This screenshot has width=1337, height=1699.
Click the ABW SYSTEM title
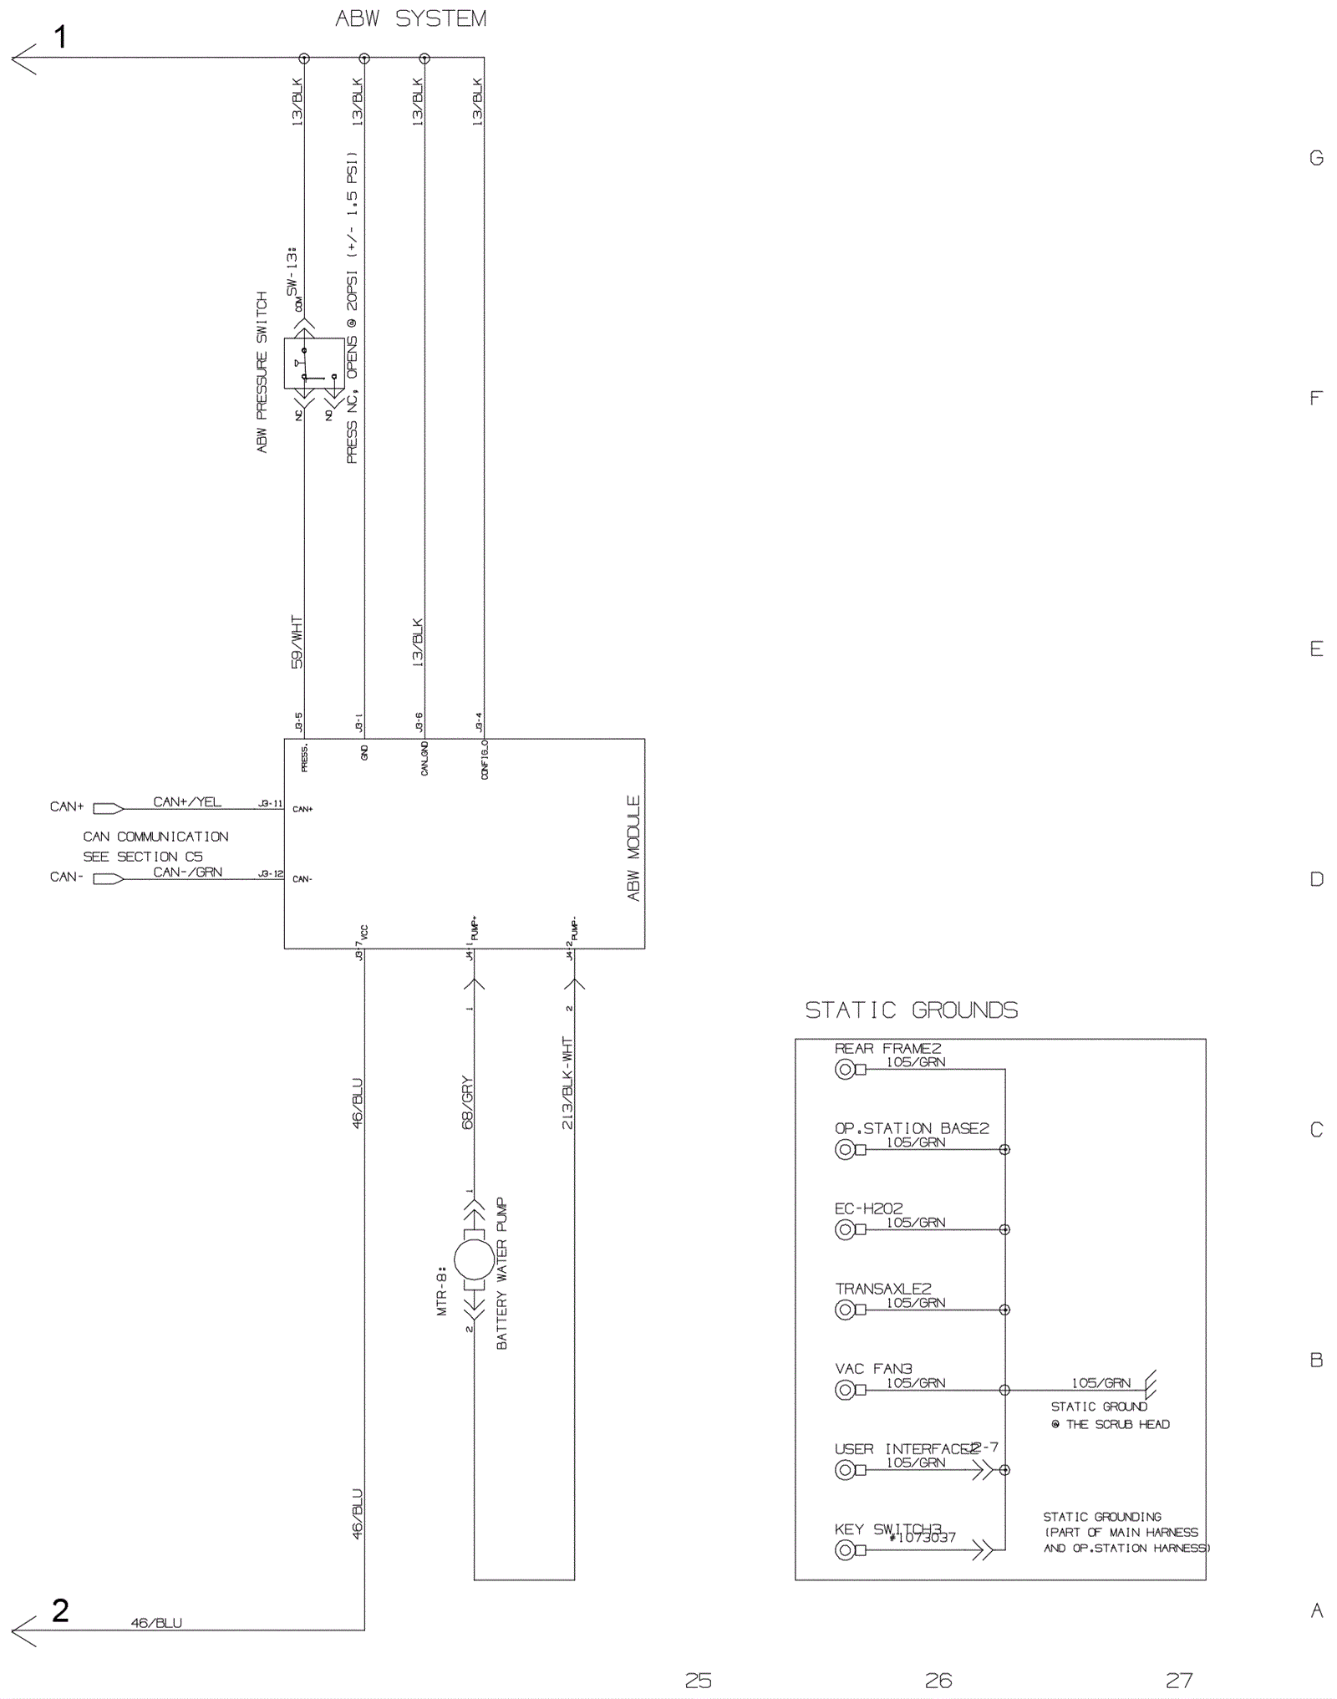pyautogui.click(x=410, y=18)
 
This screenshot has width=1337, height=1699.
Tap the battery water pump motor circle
pyautogui.click(x=474, y=1259)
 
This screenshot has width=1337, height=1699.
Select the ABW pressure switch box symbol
pyautogui.click(x=313, y=364)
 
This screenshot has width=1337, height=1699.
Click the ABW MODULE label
pyautogui.click(x=633, y=847)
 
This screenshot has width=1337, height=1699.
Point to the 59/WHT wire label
pyautogui.click(x=297, y=642)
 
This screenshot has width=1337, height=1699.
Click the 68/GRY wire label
pyautogui.click(x=467, y=1102)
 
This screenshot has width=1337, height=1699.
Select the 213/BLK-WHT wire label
pyautogui.click(x=567, y=1083)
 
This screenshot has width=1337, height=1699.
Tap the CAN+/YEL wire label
pyautogui.click(x=187, y=801)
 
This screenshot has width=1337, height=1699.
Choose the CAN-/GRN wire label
pyautogui.click(x=187, y=872)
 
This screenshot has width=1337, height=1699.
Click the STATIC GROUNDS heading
pyautogui.click(x=911, y=1010)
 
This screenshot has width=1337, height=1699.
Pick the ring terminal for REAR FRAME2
pyautogui.click(x=845, y=1069)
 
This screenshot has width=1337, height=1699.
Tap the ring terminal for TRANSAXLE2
pyautogui.click(x=845, y=1310)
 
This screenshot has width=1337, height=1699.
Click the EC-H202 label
pyautogui.click(x=868, y=1208)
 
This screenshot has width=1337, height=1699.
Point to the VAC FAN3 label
pyautogui.click(x=873, y=1369)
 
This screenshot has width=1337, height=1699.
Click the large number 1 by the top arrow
pyautogui.click(x=60, y=37)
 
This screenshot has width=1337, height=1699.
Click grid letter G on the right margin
pyautogui.click(x=1316, y=158)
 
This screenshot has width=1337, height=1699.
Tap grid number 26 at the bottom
pyautogui.click(x=938, y=1680)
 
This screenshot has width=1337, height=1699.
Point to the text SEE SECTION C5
pyautogui.click(x=142, y=857)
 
